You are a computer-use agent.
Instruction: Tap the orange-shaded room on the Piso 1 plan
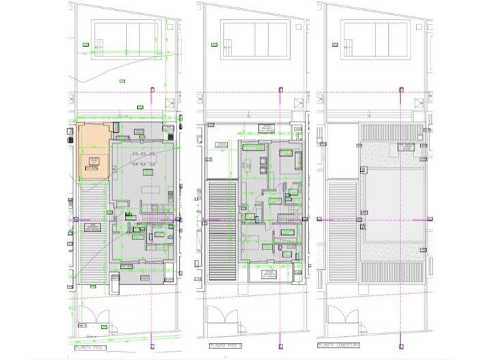coord(94,151)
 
